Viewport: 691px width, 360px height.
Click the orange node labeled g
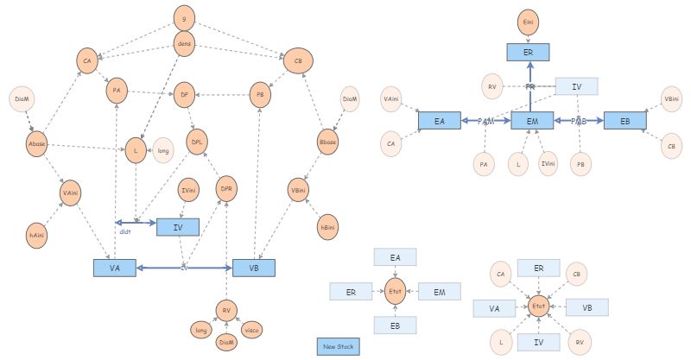[x=184, y=16]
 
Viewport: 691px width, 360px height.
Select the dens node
[x=184, y=42]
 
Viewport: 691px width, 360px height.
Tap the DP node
[x=183, y=96]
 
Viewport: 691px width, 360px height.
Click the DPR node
[x=226, y=188]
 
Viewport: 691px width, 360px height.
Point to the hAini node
[x=37, y=235]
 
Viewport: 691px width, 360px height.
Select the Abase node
[x=37, y=143]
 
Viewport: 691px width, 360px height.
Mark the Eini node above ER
[x=529, y=21]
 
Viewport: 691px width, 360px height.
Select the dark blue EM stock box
[x=532, y=122]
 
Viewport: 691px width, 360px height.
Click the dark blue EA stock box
[x=439, y=122]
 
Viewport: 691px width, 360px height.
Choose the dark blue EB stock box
[x=624, y=122]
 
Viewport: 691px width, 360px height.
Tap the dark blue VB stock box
[x=254, y=268]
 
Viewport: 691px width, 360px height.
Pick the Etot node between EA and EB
[x=395, y=291]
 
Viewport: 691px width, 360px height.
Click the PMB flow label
[x=579, y=122]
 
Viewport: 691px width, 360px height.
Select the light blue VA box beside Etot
[x=494, y=308]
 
